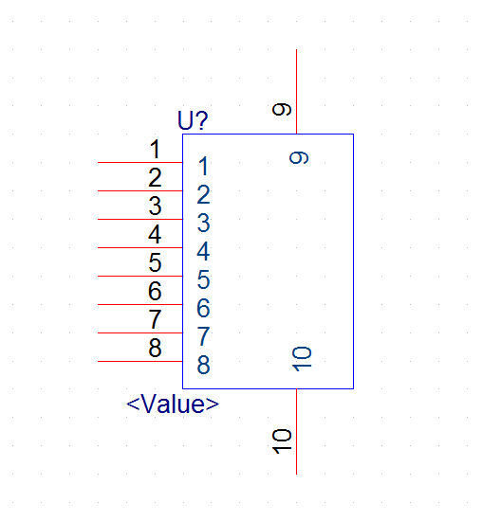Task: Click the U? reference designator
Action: point(193,120)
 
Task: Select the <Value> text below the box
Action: point(173,404)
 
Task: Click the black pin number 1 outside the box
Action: point(155,149)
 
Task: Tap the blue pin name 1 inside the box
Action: point(204,166)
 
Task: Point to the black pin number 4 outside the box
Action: point(155,234)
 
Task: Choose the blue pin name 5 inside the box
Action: point(204,279)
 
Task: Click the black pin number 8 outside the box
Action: point(155,348)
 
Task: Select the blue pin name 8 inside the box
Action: point(204,365)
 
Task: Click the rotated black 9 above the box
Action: point(282,109)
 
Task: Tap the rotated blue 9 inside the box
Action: point(299,157)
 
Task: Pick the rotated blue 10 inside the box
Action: point(302,359)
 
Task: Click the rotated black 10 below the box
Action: point(282,441)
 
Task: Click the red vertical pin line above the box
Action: point(297,92)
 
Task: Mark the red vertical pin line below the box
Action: point(297,431)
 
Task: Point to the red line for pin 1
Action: point(140,163)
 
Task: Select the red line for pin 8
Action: point(140,361)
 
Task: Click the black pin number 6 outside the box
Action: point(155,291)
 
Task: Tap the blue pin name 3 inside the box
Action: point(204,223)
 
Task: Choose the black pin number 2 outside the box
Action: point(155,177)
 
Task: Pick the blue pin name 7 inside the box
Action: point(204,336)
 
